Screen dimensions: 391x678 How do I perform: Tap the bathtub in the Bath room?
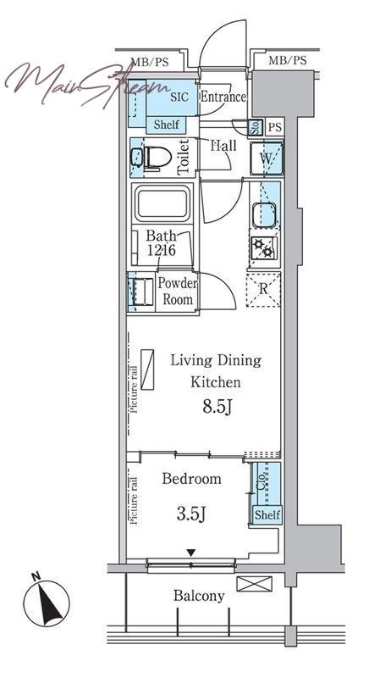[162, 203]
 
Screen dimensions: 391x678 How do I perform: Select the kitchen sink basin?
[264, 215]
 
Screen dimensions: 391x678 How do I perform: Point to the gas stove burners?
[264, 247]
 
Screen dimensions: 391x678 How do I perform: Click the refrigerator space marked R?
[263, 289]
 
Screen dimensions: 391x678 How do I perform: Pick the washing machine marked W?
[267, 158]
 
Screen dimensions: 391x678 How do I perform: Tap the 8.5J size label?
[218, 407]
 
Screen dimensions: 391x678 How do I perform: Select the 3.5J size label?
[191, 514]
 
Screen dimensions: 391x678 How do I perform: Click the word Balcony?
[199, 596]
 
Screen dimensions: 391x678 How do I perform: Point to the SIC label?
[179, 97]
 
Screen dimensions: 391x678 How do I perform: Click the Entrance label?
[223, 97]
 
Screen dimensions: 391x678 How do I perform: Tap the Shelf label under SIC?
[167, 125]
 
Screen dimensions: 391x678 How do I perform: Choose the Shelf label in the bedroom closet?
[267, 515]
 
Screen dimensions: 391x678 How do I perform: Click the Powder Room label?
[178, 291]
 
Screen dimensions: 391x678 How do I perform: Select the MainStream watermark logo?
[86, 84]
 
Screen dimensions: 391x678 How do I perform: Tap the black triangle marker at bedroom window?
[191, 553]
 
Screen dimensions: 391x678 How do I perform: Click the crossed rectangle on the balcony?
[255, 584]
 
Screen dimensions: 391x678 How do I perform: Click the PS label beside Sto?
[274, 128]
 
